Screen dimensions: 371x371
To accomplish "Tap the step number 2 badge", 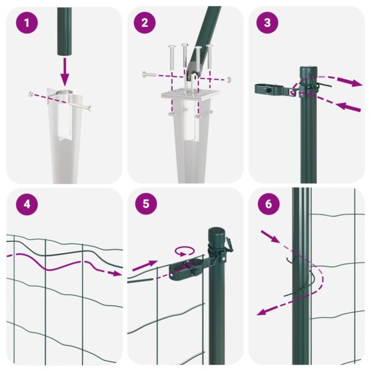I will pyautogui.click(x=145, y=24).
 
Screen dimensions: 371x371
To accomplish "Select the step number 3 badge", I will pyautogui.click(x=267, y=24).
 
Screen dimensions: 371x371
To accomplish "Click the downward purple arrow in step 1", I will pyautogui.click(x=64, y=72).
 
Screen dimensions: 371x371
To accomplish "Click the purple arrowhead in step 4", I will pyautogui.click(x=116, y=272).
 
